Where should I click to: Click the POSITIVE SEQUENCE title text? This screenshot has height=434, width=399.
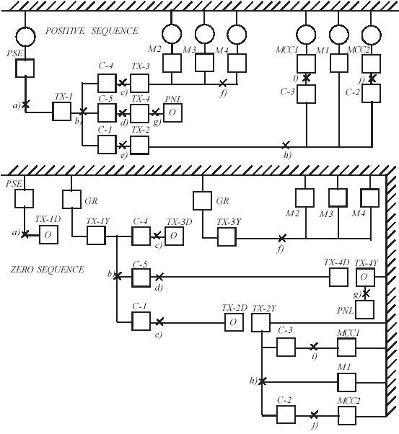[92, 31]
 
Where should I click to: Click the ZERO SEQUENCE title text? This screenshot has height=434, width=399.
[47, 270]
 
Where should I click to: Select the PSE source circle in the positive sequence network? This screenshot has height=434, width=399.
[25, 36]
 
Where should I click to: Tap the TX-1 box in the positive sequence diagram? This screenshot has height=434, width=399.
[62, 112]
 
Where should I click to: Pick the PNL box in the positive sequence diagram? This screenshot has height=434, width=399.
[172, 112]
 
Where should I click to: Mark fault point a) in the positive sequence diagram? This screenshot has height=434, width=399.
[25, 105]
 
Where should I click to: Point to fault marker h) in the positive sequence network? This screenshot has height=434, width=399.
[286, 145]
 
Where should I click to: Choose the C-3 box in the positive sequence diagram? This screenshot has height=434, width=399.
[306, 94]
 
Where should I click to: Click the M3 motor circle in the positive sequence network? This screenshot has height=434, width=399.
[205, 35]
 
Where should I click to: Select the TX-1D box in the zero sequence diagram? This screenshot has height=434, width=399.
[48, 235]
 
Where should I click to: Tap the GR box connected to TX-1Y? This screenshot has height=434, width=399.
[71, 199]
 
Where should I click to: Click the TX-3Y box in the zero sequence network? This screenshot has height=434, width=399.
[227, 237]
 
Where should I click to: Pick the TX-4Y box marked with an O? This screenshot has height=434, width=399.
[365, 277]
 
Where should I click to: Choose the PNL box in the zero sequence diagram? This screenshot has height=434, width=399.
[365, 309]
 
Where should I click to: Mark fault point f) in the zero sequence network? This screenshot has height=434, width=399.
[282, 238]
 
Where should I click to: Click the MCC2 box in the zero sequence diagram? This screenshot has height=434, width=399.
[347, 416]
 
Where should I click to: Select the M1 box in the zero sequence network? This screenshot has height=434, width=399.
[346, 382]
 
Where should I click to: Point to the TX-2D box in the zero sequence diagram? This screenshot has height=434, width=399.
[234, 322]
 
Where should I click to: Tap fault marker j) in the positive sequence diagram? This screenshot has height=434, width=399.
[372, 79]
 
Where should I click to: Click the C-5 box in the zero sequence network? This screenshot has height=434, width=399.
[141, 278]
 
